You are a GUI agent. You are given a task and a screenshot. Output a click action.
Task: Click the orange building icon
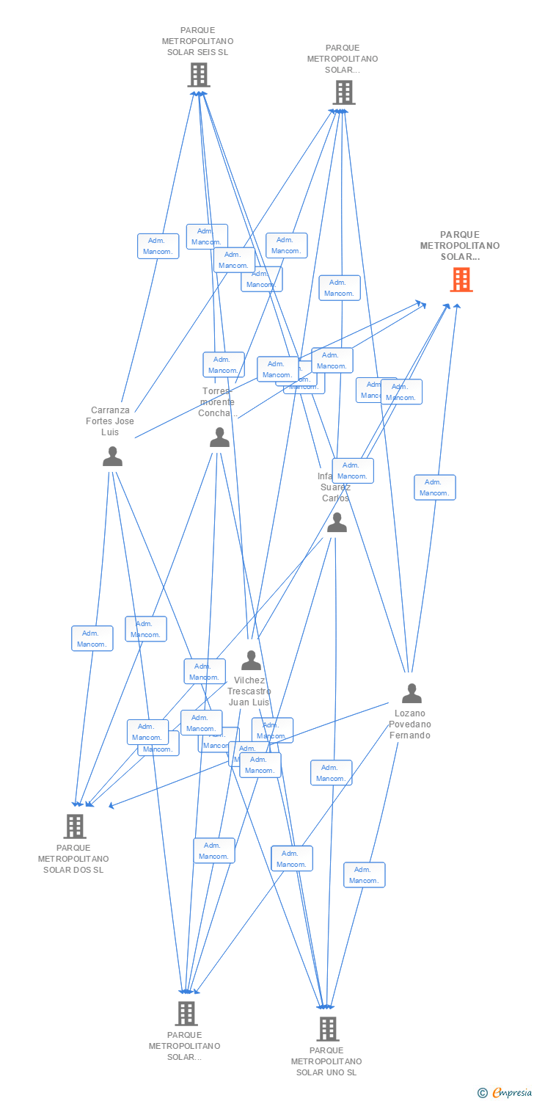coord(461,280)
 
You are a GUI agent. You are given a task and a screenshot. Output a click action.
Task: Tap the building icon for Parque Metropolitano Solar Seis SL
coord(199,75)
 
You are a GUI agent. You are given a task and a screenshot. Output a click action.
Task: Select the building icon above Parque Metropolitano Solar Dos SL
coord(74,826)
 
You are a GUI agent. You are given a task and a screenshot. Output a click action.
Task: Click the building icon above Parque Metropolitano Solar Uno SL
coord(327,1029)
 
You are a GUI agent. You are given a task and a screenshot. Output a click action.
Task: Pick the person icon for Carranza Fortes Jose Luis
coord(112,457)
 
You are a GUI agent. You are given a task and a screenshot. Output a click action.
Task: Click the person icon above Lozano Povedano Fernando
coord(412,693)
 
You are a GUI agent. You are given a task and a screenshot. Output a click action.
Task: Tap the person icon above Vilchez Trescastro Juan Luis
coord(251,661)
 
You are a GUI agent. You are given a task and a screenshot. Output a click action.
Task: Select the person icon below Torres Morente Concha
coord(219,438)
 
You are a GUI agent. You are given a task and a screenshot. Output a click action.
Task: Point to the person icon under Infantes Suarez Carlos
coord(337,523)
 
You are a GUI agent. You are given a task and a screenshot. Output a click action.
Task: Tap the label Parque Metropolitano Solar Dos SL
coord(73,859)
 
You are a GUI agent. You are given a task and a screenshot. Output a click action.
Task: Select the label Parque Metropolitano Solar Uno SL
coord(326,1061)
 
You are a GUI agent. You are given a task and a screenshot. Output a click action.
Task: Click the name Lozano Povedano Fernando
coord(410,724)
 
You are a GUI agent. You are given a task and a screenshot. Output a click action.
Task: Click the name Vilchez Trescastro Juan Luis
coord(249,691)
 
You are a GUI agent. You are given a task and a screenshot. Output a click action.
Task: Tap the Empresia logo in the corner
coord(505,1093)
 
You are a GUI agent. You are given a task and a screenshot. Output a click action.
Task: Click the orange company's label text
coord(460,246)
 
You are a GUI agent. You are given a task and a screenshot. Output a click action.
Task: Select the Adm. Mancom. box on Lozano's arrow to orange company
coord(434,487)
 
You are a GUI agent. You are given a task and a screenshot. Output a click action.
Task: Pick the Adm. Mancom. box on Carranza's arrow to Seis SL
coord(158,246)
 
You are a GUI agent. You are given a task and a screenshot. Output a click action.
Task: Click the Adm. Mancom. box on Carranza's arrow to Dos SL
coord(92,639)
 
